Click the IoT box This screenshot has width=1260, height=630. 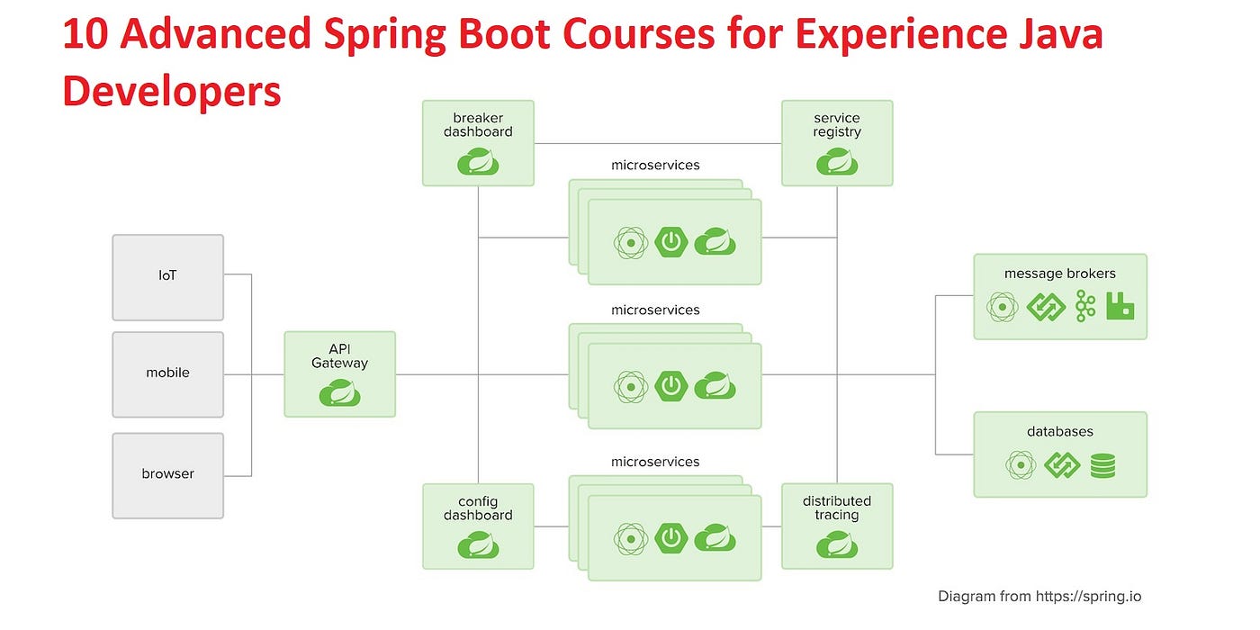pyautogui.click(x=167, y=276)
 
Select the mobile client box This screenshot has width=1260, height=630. pyautogui.click(x=167, y=373)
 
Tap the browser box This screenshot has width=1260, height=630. pyautogui.click(x=167, y=474)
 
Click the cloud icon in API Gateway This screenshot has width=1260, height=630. pyautogui.click(x=339, y=393)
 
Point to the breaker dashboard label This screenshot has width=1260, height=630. pyautogui.click(x=478, y=125)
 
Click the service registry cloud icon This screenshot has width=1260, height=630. pyautogui.click(x=836, y=162)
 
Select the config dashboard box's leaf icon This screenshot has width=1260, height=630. pyautogui.click(x=478, y=544)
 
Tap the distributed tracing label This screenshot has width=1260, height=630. pyautogui.click(x=836, y=508)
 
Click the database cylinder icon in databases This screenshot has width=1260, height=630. pyautogui.click(x=1102, y=465)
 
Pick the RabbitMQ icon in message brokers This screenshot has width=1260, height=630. pyautogui.click(x=1120, y=307)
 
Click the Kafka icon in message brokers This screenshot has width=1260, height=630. pyautogui.click(x=1085, y=307)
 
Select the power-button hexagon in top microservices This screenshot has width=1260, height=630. pyautogui.click(x=670, y=242)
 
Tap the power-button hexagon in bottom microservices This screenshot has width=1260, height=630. pyautogui.click(x=670, y=538)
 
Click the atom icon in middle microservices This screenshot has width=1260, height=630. pyautogui.click(x=631, y=386)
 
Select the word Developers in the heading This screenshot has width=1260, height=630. pyautogui.click(x=171, y=91)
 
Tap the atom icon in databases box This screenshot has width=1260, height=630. pyautogui.click(x=1021, y=465)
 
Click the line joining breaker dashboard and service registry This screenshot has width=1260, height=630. pyautogui.click(x=657, y=143)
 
